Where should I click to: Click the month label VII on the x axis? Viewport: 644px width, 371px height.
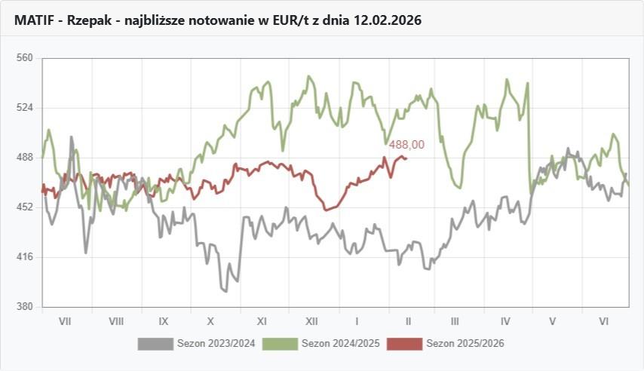[x=65, y=321]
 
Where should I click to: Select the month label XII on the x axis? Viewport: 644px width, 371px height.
[x=311, y=321]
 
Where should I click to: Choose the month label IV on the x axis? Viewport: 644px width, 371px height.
[x=505, y=321]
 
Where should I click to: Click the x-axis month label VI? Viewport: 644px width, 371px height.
[x=604, y=321]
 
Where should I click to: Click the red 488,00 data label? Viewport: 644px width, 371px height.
[x=406, y=145]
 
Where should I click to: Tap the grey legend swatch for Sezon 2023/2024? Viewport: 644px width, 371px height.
[x=155, y=344]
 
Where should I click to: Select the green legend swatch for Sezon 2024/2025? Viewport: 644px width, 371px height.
[x=280, y=344]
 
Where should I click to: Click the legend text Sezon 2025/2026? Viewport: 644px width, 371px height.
[x=465, y=344]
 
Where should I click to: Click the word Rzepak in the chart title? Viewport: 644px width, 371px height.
[x=89, y=20]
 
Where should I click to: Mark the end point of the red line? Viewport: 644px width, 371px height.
[x=406, y=158]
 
